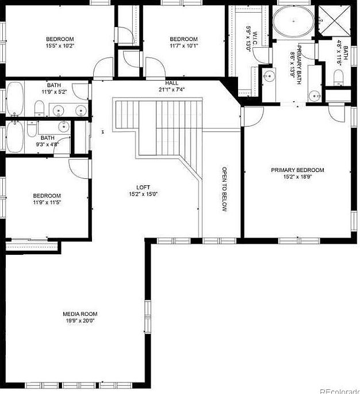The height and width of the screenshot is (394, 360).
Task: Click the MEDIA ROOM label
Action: (x=80, y=313)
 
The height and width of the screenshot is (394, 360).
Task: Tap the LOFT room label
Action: (x=143, y=188)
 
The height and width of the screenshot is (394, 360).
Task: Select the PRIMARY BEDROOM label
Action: (x=297, y=170)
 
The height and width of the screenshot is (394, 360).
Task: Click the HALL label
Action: (x=172, y=83)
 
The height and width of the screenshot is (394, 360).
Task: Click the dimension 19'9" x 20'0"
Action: (x=80, y=320)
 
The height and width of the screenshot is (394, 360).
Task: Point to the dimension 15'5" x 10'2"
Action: (x=60, y=45)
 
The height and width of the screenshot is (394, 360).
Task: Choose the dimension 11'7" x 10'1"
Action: (x=184, y=45)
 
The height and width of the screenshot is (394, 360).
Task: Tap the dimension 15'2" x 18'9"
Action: (x=297, y=177)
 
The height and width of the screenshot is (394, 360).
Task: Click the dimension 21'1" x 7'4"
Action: (x=172, y=90)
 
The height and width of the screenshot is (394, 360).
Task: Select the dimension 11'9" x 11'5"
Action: (x=47, y=202)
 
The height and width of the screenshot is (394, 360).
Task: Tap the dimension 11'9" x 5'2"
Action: (x=55, y=91)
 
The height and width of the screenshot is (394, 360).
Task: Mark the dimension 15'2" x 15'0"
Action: (x=143, y=194)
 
